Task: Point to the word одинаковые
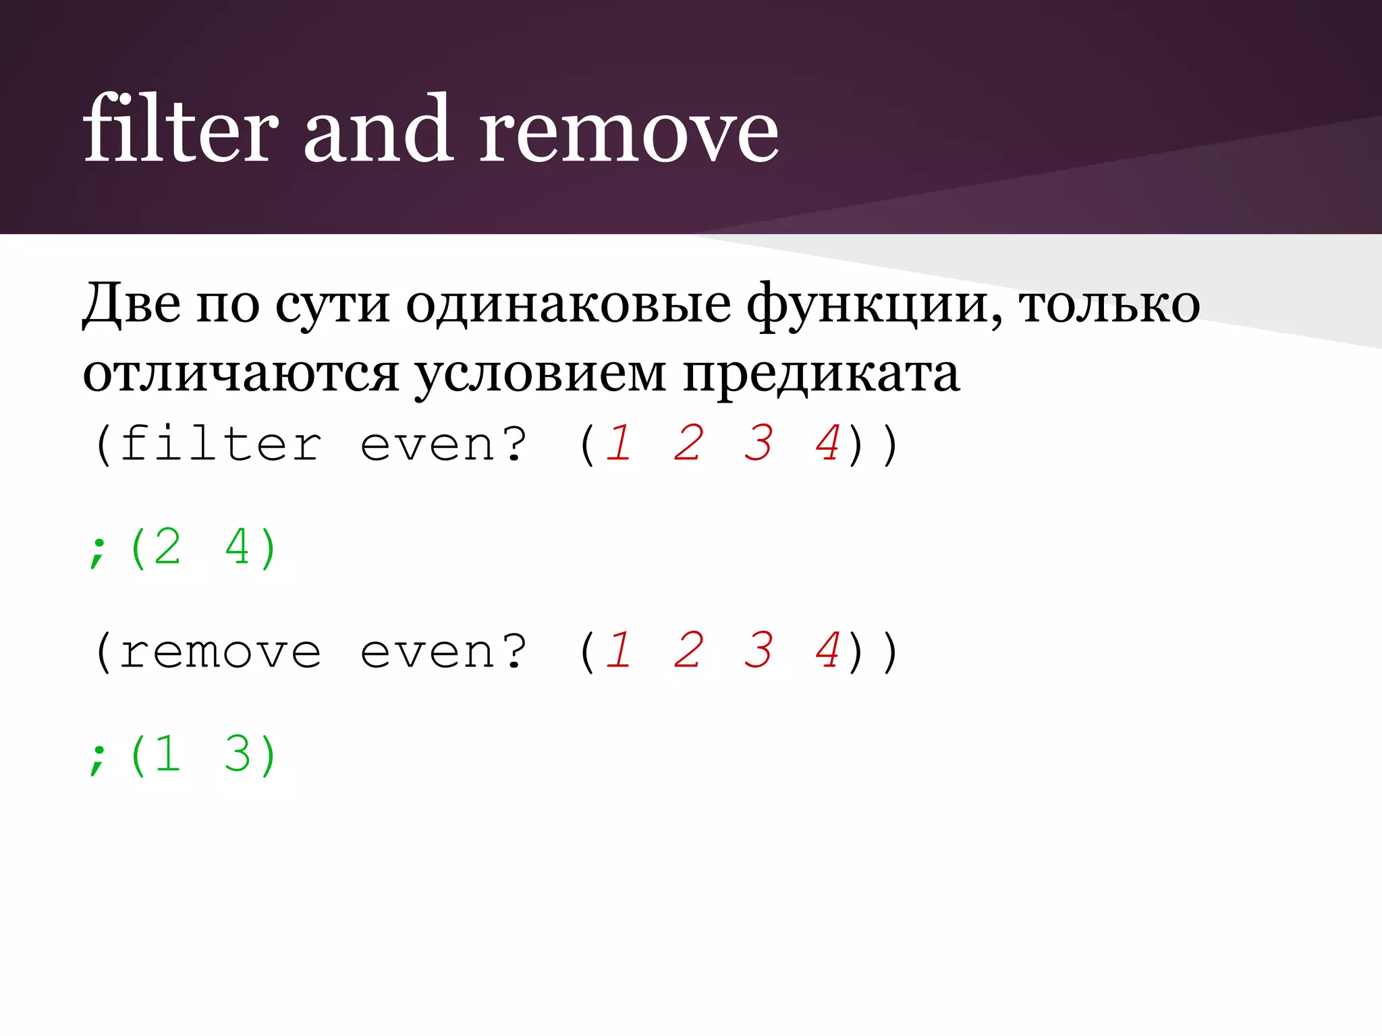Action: [568, 304]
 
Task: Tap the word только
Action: [1109, 304]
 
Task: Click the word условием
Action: [541, 374]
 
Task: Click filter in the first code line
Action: [221, 444]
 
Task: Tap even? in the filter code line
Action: [443, 444]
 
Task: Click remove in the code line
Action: [221, 652]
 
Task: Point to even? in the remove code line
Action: [443, 652]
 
